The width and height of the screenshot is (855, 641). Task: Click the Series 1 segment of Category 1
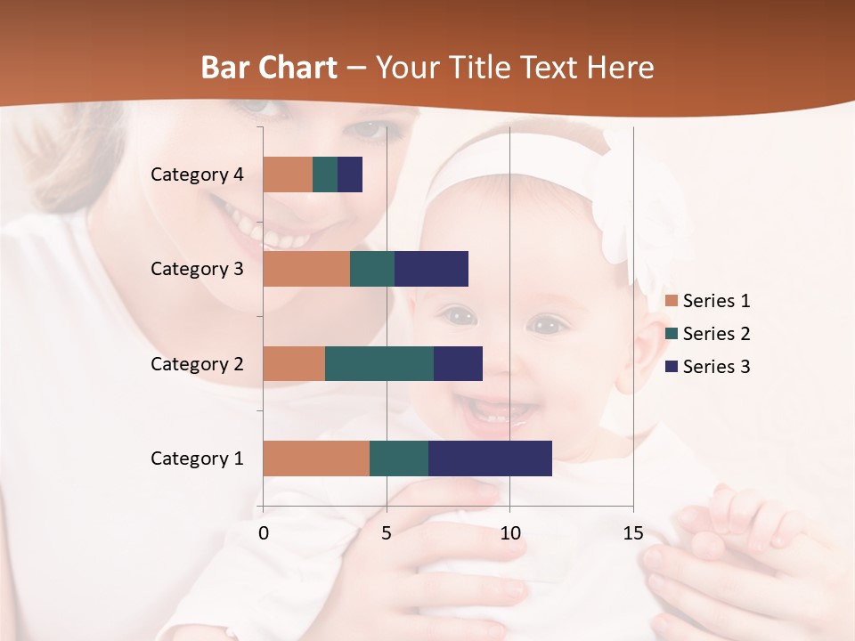tap(316, 458)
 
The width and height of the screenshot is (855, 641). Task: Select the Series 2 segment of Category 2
tap(379, 363)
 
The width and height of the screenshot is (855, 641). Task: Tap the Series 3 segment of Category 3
tap(431, 269)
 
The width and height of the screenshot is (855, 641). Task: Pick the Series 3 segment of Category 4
tap(350, 174)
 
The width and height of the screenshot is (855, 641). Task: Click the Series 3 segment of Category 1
tap(490, 458)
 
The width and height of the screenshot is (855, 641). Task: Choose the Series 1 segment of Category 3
tap(306, 269)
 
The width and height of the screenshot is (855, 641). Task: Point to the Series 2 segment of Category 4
tap(325, 174)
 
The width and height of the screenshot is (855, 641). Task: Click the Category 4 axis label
tap(197, 174)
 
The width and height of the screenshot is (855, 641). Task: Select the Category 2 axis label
tap(197, 363)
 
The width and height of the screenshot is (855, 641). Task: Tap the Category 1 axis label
tap(197, 458)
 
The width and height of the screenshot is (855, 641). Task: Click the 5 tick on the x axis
tap(387, 533)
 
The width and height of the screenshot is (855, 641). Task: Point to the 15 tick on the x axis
tap(633, 533)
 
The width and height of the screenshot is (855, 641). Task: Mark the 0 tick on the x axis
tap(264, 533)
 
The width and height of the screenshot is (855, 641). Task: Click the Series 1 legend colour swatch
tap(671, 301)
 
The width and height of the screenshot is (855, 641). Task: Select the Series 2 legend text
tap(716, 334)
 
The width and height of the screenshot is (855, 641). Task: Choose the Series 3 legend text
tap(716, 367)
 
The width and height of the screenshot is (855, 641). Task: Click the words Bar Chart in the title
tap(269, 68)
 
